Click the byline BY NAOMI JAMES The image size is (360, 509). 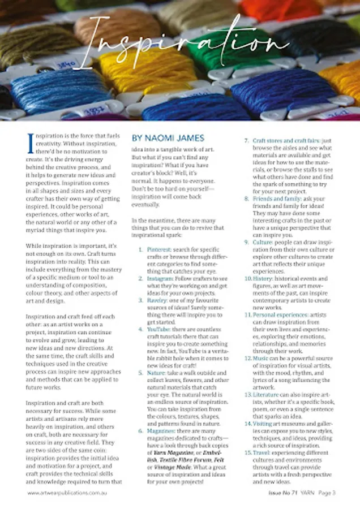click(x=168, y=138)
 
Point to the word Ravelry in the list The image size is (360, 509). click(x=157, y=300)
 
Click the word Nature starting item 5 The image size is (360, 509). click(x=156, y=373)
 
